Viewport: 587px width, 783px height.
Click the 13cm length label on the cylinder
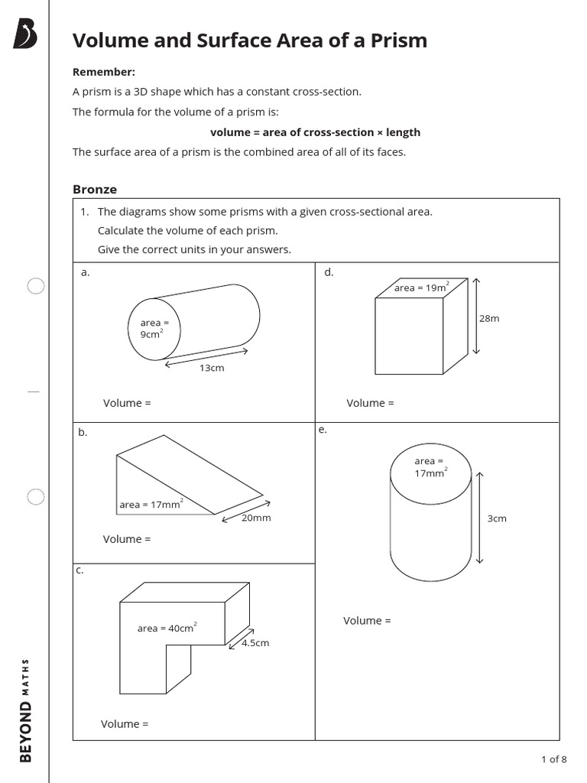point(212,368)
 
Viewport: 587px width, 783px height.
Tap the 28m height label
point(489,318)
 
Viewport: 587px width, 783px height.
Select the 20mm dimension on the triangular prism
point(256,518)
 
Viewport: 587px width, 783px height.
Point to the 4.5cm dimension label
point(255,643)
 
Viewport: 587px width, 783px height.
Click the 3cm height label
point(497,518)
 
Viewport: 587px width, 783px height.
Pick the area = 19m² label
point(421,288)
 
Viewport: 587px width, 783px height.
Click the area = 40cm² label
point(167,628)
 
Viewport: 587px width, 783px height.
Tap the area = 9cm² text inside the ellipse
point(150,329)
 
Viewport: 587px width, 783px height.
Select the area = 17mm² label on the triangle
point(151,504)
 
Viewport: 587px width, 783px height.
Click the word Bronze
point(95,189)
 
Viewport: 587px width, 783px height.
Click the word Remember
point(103,72)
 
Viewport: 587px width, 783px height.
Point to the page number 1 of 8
point(553,759)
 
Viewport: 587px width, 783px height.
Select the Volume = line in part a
point(127,403)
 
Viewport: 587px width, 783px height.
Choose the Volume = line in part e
point(367,621)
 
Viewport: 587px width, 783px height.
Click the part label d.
point(329,272)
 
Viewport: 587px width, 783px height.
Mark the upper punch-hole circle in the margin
point(36,286)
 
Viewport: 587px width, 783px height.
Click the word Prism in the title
point(395,41)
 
